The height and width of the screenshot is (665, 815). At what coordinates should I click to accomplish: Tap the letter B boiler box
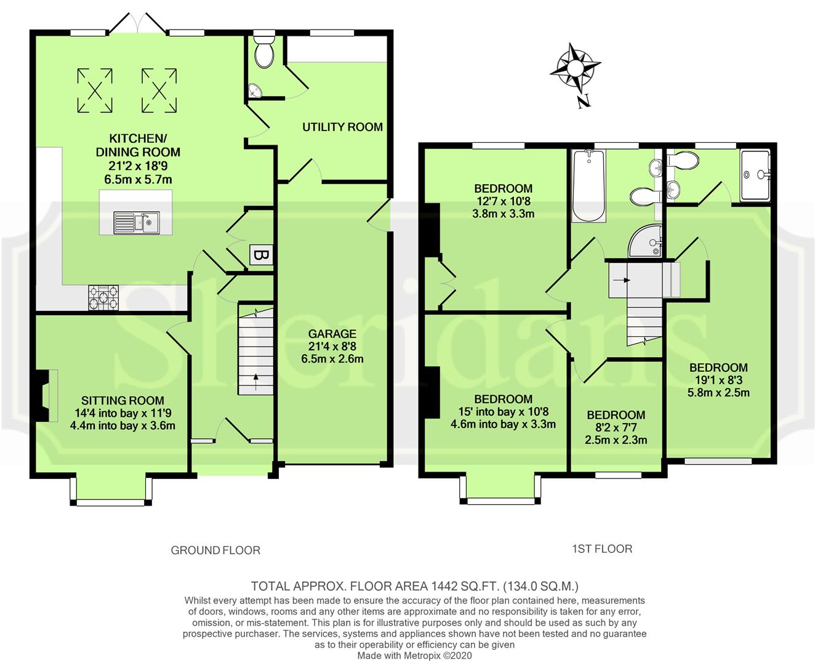coord(261,255)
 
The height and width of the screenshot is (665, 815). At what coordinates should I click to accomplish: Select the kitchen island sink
coord(137,222)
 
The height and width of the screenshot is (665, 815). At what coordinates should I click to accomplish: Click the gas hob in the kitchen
coord(103,297)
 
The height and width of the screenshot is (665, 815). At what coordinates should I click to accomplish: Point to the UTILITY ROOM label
coord(342,127)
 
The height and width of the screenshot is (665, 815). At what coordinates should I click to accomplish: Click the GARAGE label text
coord(332,334)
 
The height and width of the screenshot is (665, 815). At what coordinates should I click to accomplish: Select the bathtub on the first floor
coord(588,185)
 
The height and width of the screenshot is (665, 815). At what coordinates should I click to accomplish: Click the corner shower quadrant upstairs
coord(645,241)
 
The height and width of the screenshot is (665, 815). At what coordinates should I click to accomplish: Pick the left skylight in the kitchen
coord(95,91)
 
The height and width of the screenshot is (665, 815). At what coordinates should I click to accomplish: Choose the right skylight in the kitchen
coord(159,91)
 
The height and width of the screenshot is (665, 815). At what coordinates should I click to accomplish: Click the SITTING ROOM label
coord(122,400)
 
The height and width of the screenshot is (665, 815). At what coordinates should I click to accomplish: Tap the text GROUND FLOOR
coord(215,550)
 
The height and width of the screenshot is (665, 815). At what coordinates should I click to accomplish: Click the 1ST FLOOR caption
coord(602,549)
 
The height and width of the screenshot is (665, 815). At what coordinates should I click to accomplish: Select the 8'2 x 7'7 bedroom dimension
coord(616,427)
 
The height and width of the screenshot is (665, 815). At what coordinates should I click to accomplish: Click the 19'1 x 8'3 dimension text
coord(718,380)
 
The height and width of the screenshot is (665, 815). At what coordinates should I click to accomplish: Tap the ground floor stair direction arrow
coord(255,382)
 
